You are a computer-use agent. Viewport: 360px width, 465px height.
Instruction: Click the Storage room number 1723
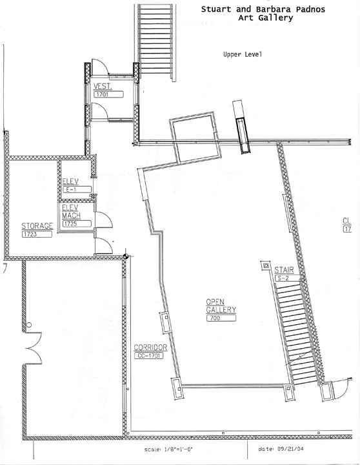pyautogui.click(x=37, y=234)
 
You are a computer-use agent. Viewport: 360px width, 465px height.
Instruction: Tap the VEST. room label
pyautogui.click(x=103, y=87)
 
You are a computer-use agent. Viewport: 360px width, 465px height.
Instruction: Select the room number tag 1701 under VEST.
pyautogui.click(x=108, y=94)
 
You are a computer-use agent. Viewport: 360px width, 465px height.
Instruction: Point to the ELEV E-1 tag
pyautogui.click(x=77, y=189)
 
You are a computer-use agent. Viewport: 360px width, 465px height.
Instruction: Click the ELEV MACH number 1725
pyautogui.click(x=76, y=224)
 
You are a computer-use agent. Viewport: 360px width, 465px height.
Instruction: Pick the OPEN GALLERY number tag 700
pyautogui.click(x=221, y=318)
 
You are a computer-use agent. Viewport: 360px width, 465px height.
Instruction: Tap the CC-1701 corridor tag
pyautogui.click(x=149, y=355)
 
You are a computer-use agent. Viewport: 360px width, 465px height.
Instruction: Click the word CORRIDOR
pyautogui.click(x=150, y=347)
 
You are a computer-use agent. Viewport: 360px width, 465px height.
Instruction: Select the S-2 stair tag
pyautogui.click(x=286, y=278)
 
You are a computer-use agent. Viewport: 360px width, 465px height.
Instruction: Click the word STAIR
pyautogui.click(x=284, y=270)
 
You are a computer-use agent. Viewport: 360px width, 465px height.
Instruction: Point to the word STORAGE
pyautogui.click(x=37, y=226)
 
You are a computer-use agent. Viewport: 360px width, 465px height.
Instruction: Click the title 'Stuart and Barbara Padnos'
pyautogui.click(x=263, y=10)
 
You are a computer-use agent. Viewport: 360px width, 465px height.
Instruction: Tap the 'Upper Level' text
pyautogui.click(x=243, y=54)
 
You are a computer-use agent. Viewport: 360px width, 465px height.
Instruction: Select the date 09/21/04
pyautogui.click(x=290, y=448)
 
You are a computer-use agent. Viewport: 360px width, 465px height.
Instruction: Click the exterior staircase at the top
pyautogui.click(x=155, y=41)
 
